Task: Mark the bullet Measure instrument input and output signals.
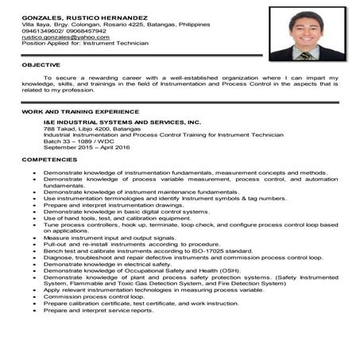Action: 107,238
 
